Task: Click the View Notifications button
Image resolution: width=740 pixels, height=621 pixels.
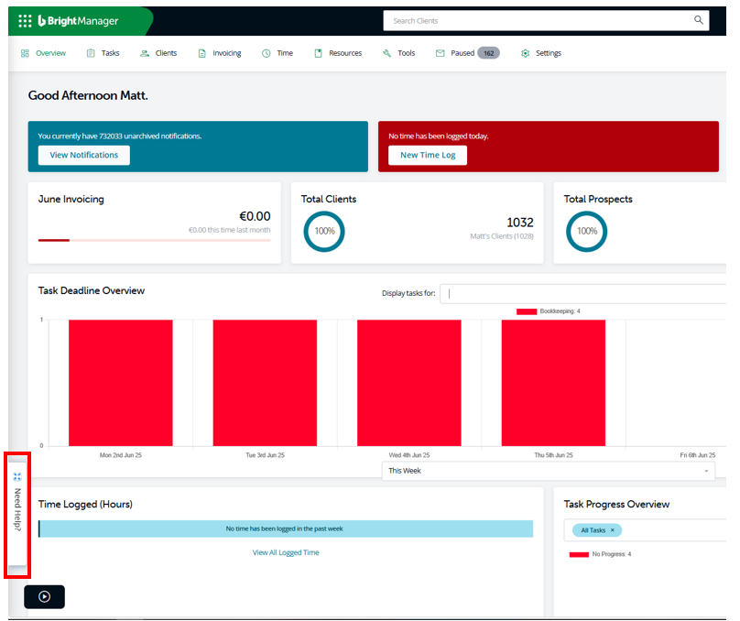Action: click(84, 156)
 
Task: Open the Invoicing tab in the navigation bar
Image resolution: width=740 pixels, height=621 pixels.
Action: click(220, 53)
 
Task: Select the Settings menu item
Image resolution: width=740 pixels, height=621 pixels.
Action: click(541, 53)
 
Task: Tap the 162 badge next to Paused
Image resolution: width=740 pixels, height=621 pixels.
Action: click(488, 53)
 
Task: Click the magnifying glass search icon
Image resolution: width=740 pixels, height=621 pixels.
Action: click(699, 20)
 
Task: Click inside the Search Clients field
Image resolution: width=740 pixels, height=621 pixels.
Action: click(538, 21)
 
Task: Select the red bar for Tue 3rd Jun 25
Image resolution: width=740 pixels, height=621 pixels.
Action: click(265, 383)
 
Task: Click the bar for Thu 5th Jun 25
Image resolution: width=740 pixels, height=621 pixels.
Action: click(553, 383)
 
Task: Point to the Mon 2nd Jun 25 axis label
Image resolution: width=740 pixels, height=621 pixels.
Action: click(120, 455)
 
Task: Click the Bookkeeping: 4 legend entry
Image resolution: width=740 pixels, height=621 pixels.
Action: click(549, 311)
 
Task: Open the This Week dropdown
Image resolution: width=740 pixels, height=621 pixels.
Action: click(549, 471)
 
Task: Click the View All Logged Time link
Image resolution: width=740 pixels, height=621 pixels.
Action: click(286, 552)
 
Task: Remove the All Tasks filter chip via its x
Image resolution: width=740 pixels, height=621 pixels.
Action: click(613, 530)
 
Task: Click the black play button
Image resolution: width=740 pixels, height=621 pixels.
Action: click(44, 597)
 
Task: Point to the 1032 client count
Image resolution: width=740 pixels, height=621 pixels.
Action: click(520, 223)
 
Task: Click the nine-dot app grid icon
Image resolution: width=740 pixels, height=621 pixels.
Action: click(25, 21)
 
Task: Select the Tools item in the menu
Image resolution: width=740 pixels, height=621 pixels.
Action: click(398, 53)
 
